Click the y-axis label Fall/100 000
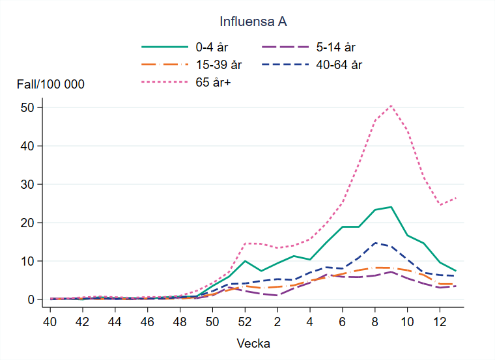(x=51, y=85)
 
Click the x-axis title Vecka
(x=254, y=343)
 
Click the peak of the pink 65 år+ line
(x=391, y=105)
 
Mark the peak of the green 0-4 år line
(x=391, y=207)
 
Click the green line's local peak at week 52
(x=245, y=261)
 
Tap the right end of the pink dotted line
(x=456, y=197)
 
